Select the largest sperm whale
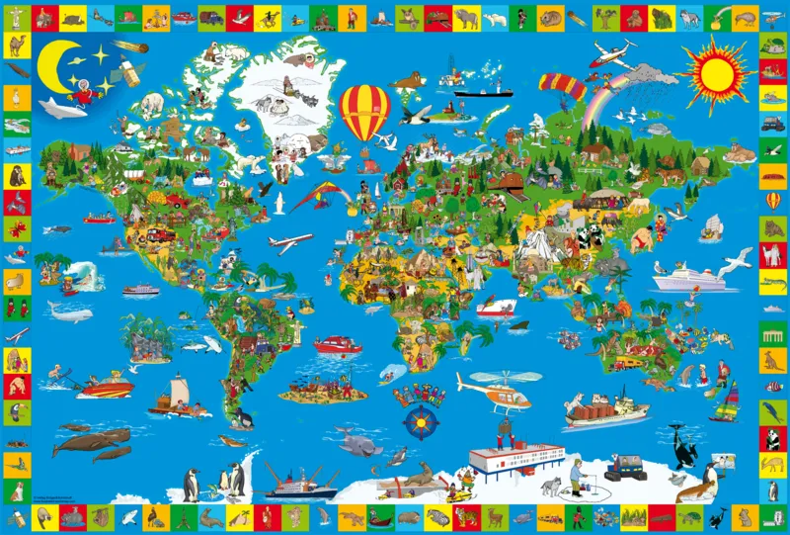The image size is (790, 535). click(x=91, y=438)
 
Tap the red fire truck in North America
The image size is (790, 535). click(x=158, y=235)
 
